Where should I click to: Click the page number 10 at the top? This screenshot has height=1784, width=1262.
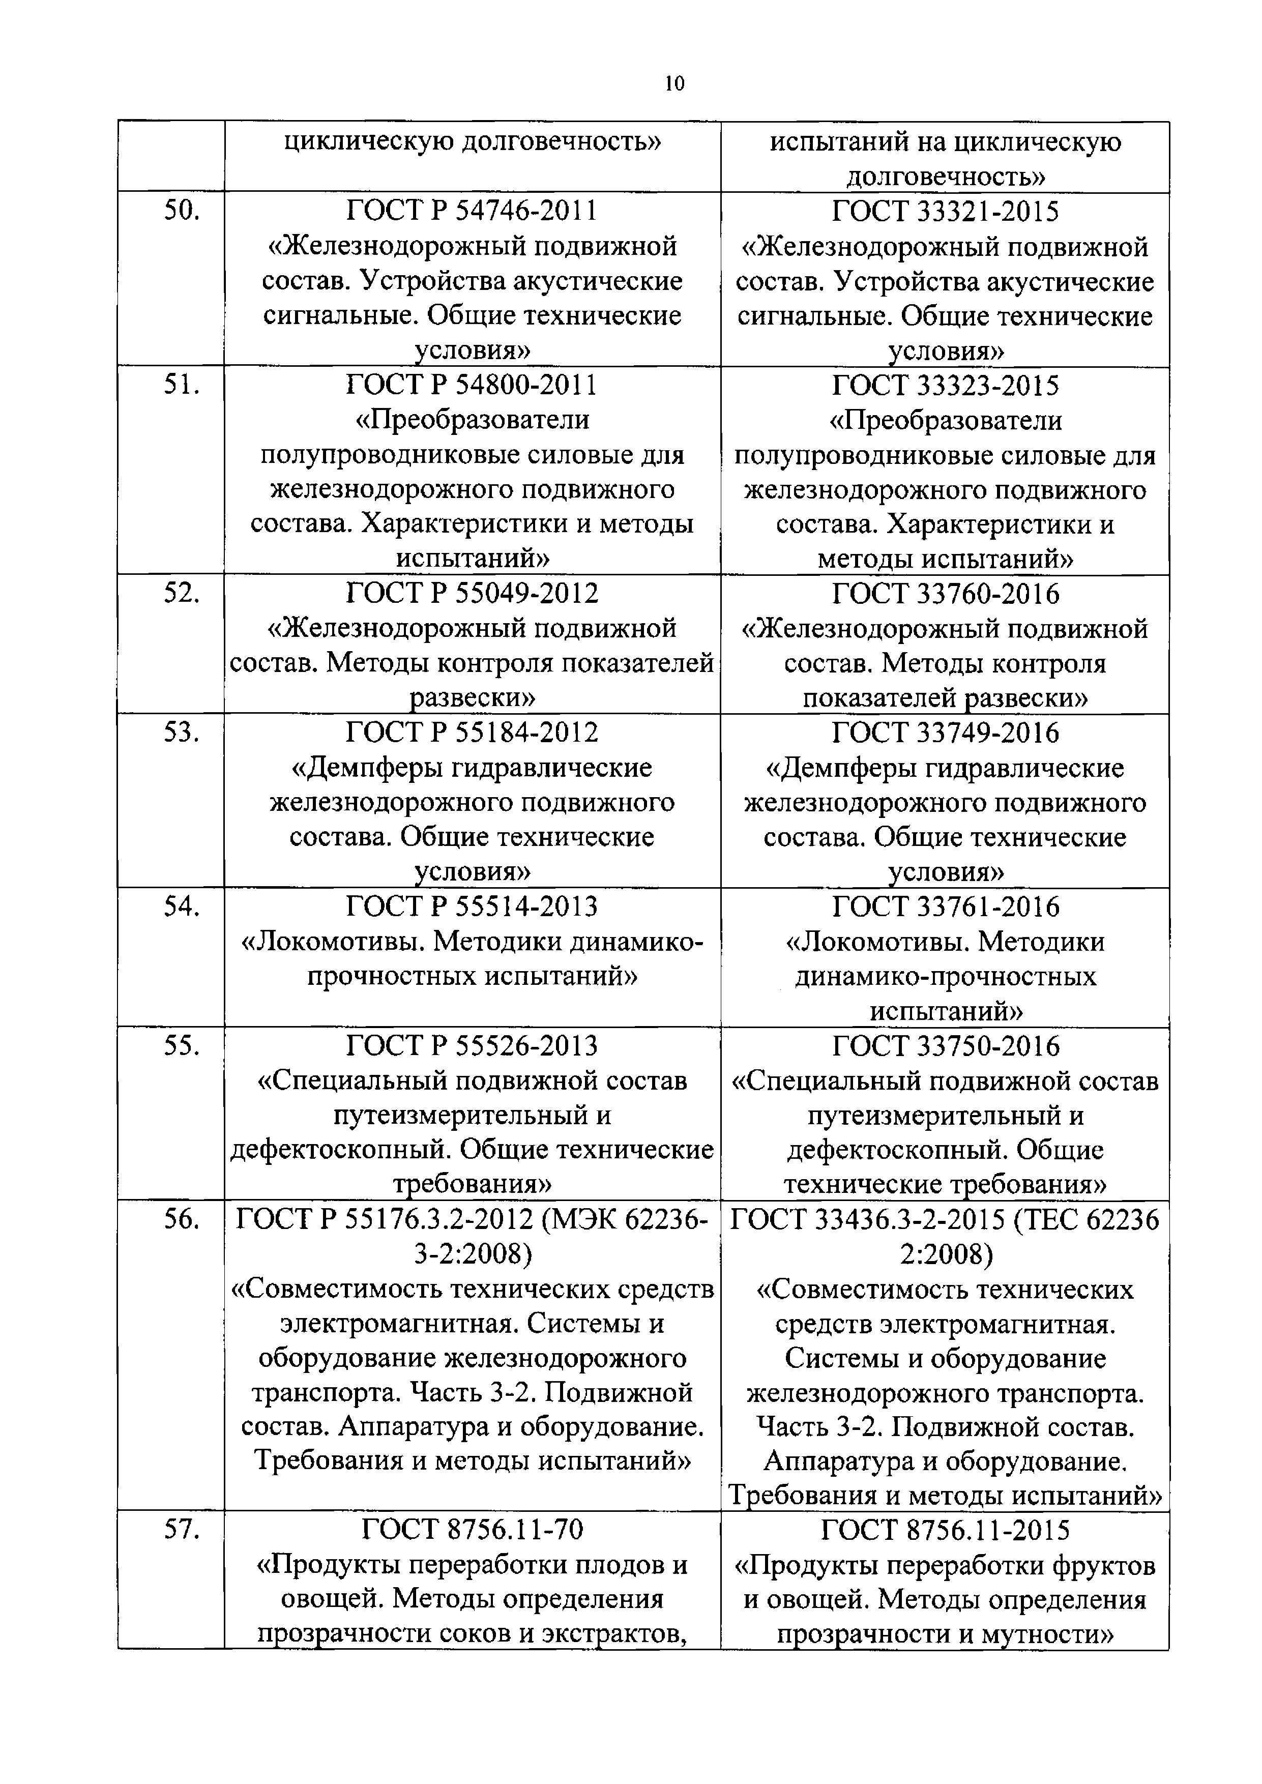[674, 84]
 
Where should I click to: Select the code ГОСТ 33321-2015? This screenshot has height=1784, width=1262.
[945, 211]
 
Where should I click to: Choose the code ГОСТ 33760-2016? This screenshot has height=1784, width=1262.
[945, 594]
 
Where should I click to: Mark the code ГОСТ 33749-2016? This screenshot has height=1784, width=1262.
[945, 733]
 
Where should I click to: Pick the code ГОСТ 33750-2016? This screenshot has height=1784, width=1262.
[945, 1046]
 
